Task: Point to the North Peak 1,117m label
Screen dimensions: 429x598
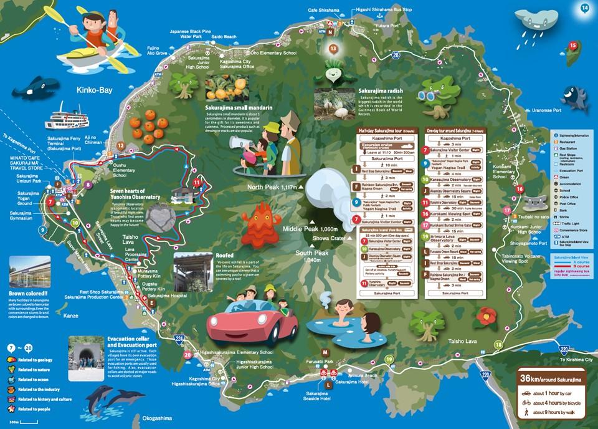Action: coord(272,186)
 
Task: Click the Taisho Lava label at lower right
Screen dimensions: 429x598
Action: coord(462,341)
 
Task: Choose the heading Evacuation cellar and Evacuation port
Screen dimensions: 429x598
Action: coord(131,342)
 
